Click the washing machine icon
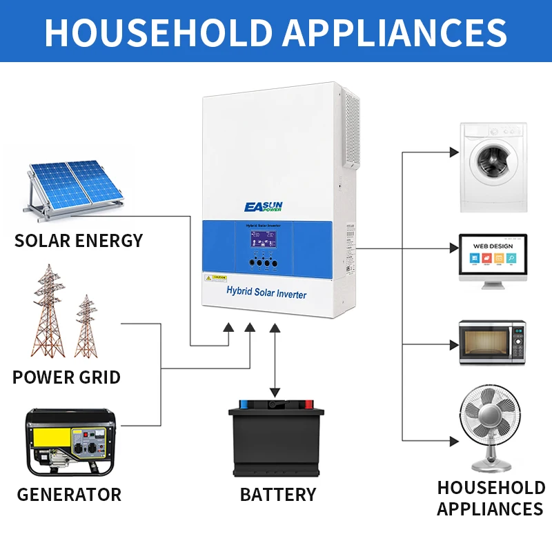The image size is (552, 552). click(493, 167)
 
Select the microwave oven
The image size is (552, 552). click(493, 342)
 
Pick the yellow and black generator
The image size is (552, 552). click(70, 442)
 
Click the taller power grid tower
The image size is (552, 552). click(48, 310)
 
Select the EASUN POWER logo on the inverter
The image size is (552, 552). click(268, 206)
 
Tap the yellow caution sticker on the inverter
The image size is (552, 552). click(215, 277)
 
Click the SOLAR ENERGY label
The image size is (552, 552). click(79, 241)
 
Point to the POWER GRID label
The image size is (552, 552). click(66, 377)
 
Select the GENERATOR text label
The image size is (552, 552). click(69, 495)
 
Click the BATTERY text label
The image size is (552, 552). click(278, 495)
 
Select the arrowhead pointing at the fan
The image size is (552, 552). click(453, 440)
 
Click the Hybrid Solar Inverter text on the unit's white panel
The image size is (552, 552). click(266, 293)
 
